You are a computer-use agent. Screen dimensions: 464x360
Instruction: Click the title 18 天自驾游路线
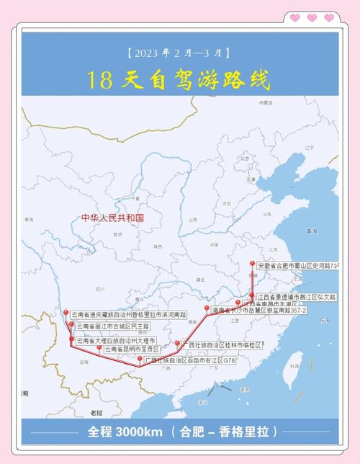(179, 79)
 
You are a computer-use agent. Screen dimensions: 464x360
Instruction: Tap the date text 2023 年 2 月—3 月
(179, 53)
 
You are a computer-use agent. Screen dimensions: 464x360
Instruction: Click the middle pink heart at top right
(311, 17)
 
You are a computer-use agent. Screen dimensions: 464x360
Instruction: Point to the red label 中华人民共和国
(113, 217)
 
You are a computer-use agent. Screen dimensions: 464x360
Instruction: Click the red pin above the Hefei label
(252, 264)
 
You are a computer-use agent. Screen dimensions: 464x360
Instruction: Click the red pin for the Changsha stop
(207, 308)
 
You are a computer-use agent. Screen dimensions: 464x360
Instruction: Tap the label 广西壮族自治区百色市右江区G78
(189, 359)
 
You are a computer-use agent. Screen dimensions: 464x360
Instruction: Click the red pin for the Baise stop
(140, 357)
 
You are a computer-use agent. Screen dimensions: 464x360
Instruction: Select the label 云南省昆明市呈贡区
(138, 349)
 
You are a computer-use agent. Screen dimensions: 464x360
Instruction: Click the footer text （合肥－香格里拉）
(224, 432)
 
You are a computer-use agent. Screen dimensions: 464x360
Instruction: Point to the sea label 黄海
(312, 231)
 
